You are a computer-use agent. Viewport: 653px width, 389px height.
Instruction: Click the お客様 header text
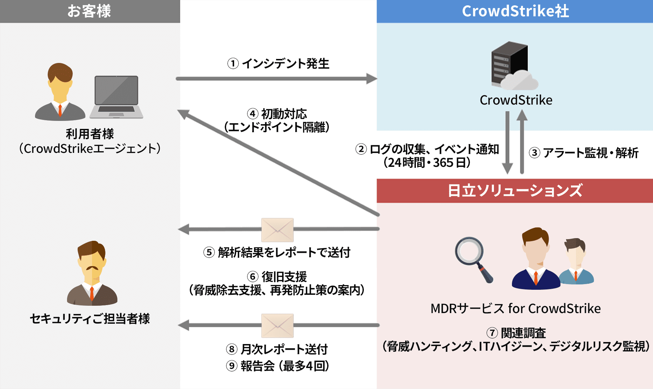89,11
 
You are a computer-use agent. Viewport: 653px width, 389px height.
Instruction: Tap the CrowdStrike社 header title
515,11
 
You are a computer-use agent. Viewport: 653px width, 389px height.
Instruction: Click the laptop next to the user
116,97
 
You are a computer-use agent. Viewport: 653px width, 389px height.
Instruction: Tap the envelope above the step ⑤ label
277,230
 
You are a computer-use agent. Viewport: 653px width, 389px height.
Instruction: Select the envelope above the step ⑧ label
277,325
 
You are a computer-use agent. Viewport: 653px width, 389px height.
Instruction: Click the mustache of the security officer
92,268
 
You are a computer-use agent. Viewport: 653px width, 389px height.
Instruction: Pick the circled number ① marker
233,63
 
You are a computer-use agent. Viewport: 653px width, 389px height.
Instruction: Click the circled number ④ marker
253,114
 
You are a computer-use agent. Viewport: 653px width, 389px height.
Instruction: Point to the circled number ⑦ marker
492,333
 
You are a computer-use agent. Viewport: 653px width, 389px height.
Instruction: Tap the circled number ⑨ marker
232,366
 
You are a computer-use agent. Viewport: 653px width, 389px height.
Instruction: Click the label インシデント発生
285,63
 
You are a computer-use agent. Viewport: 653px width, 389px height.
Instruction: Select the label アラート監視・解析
590,153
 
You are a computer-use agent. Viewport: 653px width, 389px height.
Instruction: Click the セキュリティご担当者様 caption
90,319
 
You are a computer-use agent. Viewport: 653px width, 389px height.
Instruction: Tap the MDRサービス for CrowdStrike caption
515,308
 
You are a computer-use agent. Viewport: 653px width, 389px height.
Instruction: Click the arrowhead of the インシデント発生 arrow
372,79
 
